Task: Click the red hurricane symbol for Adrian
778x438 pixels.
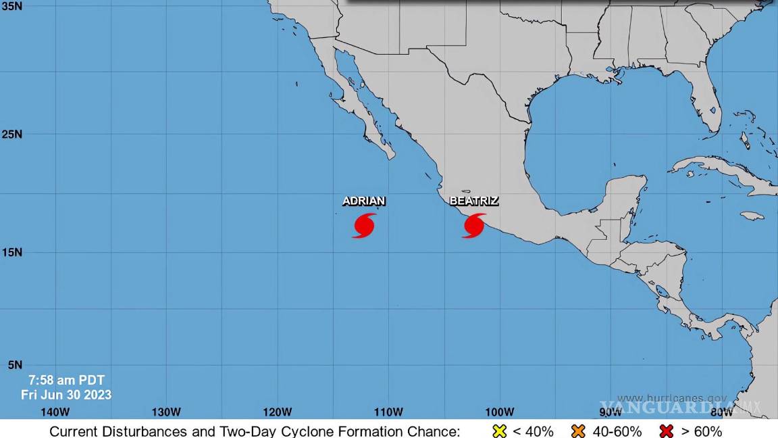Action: click(364, 226)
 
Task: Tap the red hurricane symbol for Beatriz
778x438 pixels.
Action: click(474, 226)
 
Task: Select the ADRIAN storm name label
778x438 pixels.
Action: click(364, 201)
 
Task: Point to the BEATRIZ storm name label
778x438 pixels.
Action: click(474, 201)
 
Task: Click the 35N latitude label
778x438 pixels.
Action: click(11, 6)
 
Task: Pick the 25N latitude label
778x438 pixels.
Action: click(11, 134)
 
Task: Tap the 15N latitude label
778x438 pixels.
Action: click(11, 252)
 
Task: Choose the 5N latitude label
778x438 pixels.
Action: click(14, 365)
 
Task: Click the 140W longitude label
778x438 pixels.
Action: click(55, 412)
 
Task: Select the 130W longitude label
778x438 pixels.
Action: click(166, 412)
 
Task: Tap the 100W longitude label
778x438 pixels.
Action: click(500, 412)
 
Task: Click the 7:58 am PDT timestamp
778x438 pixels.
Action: click(66, 381)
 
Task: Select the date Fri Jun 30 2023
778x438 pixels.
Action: click(66, 395)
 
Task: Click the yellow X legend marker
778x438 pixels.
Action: click(500, 431)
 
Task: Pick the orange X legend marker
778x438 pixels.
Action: click(578, 431)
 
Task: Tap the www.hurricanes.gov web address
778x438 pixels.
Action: click(672, 399)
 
